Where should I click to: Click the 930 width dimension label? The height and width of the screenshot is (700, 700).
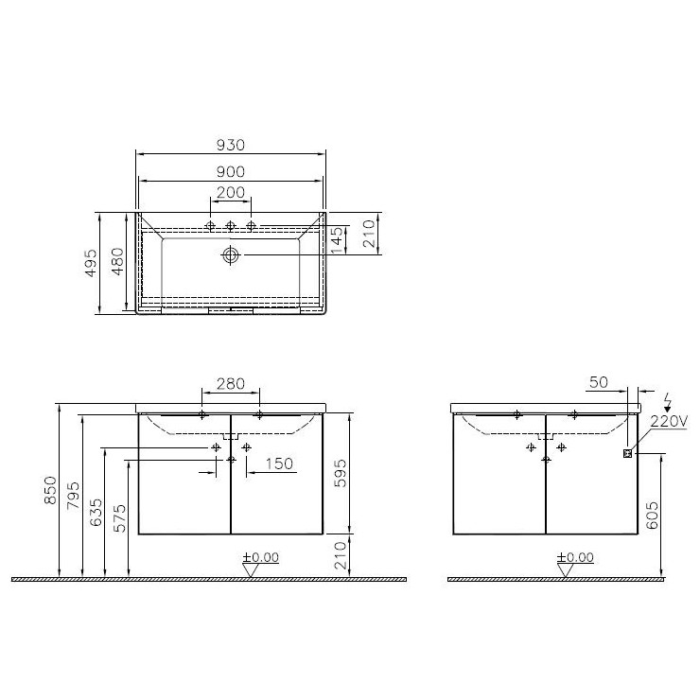tap(231, 145)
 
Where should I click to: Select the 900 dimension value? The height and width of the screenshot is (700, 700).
tap(231, 171)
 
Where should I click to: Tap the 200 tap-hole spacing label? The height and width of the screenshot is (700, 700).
tap(231, 192)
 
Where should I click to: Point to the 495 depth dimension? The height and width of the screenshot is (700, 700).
tap(91, 263)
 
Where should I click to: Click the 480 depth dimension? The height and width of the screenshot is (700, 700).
tap(117, 262)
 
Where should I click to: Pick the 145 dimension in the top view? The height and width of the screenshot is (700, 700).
tap(338, 240)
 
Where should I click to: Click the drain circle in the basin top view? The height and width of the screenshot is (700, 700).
tap(231, 254)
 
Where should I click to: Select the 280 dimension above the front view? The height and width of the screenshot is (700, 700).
tap(231, 383)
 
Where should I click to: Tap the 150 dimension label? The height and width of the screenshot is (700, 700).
tap(279, 464)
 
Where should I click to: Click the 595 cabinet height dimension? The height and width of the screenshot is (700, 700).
tap(341, 473)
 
